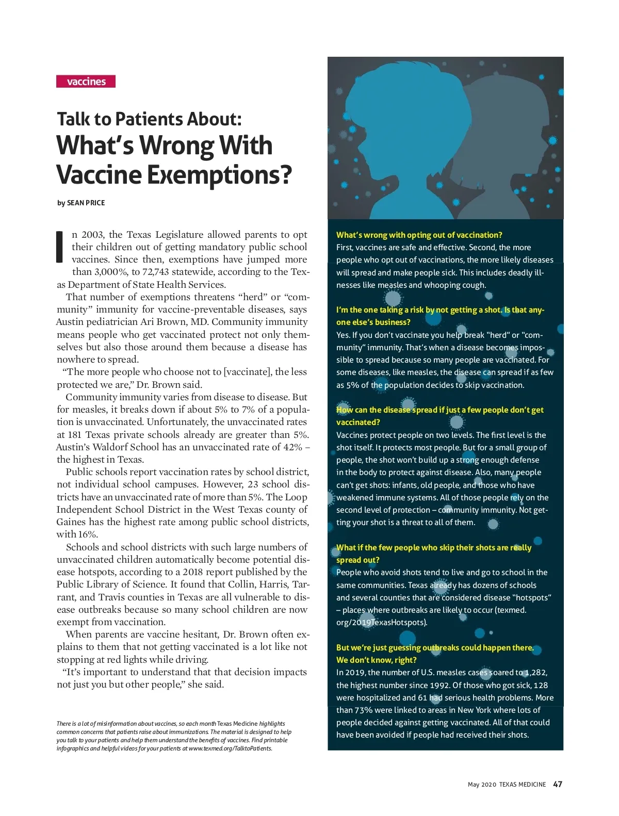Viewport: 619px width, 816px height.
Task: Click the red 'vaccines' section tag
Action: [86, 81]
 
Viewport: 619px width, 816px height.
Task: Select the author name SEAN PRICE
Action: [86, 203]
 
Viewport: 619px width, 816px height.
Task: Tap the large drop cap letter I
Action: [60, 247]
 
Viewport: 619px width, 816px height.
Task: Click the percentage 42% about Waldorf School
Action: [292, 447]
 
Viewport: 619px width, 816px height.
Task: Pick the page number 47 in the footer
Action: [558, 784]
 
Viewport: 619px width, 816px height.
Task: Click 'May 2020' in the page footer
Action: [482, 785]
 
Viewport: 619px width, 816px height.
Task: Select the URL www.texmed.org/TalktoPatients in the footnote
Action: [230, 748]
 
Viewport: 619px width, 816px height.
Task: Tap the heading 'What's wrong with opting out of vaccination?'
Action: [419, 235]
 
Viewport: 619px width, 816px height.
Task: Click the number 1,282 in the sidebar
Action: [535, 673]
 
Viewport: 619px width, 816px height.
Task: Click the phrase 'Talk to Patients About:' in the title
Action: [149, 119]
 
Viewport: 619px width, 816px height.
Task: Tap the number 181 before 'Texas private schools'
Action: [75, 435]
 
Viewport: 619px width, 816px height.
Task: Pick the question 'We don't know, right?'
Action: [376, 660]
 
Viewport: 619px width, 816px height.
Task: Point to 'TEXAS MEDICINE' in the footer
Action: [522, 785]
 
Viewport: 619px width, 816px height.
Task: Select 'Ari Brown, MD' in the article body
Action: [173, 322]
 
